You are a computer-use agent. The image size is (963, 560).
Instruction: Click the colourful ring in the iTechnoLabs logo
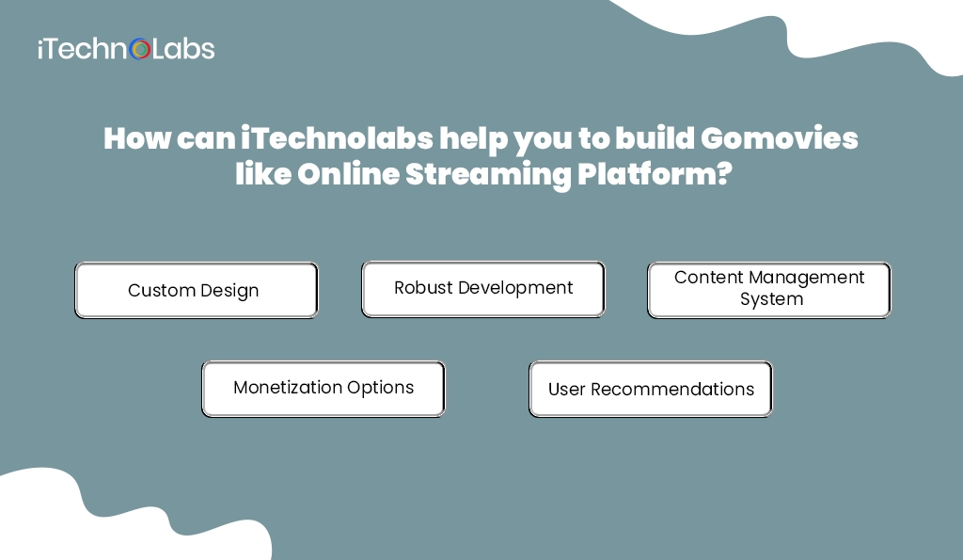tap(140, 49)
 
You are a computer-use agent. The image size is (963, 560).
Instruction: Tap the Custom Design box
tap(197, 290)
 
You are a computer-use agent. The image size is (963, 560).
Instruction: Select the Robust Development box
tap(483, 289)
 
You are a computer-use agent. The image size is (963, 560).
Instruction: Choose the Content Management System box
tap(769, 290)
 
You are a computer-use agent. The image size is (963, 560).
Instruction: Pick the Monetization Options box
tap(324, 389)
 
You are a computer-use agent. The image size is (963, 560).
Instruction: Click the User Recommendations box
tap(651, 389)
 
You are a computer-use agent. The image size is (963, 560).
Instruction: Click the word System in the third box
tap(771, 300)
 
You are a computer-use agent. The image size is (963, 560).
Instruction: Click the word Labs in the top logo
tap(183, 49)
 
